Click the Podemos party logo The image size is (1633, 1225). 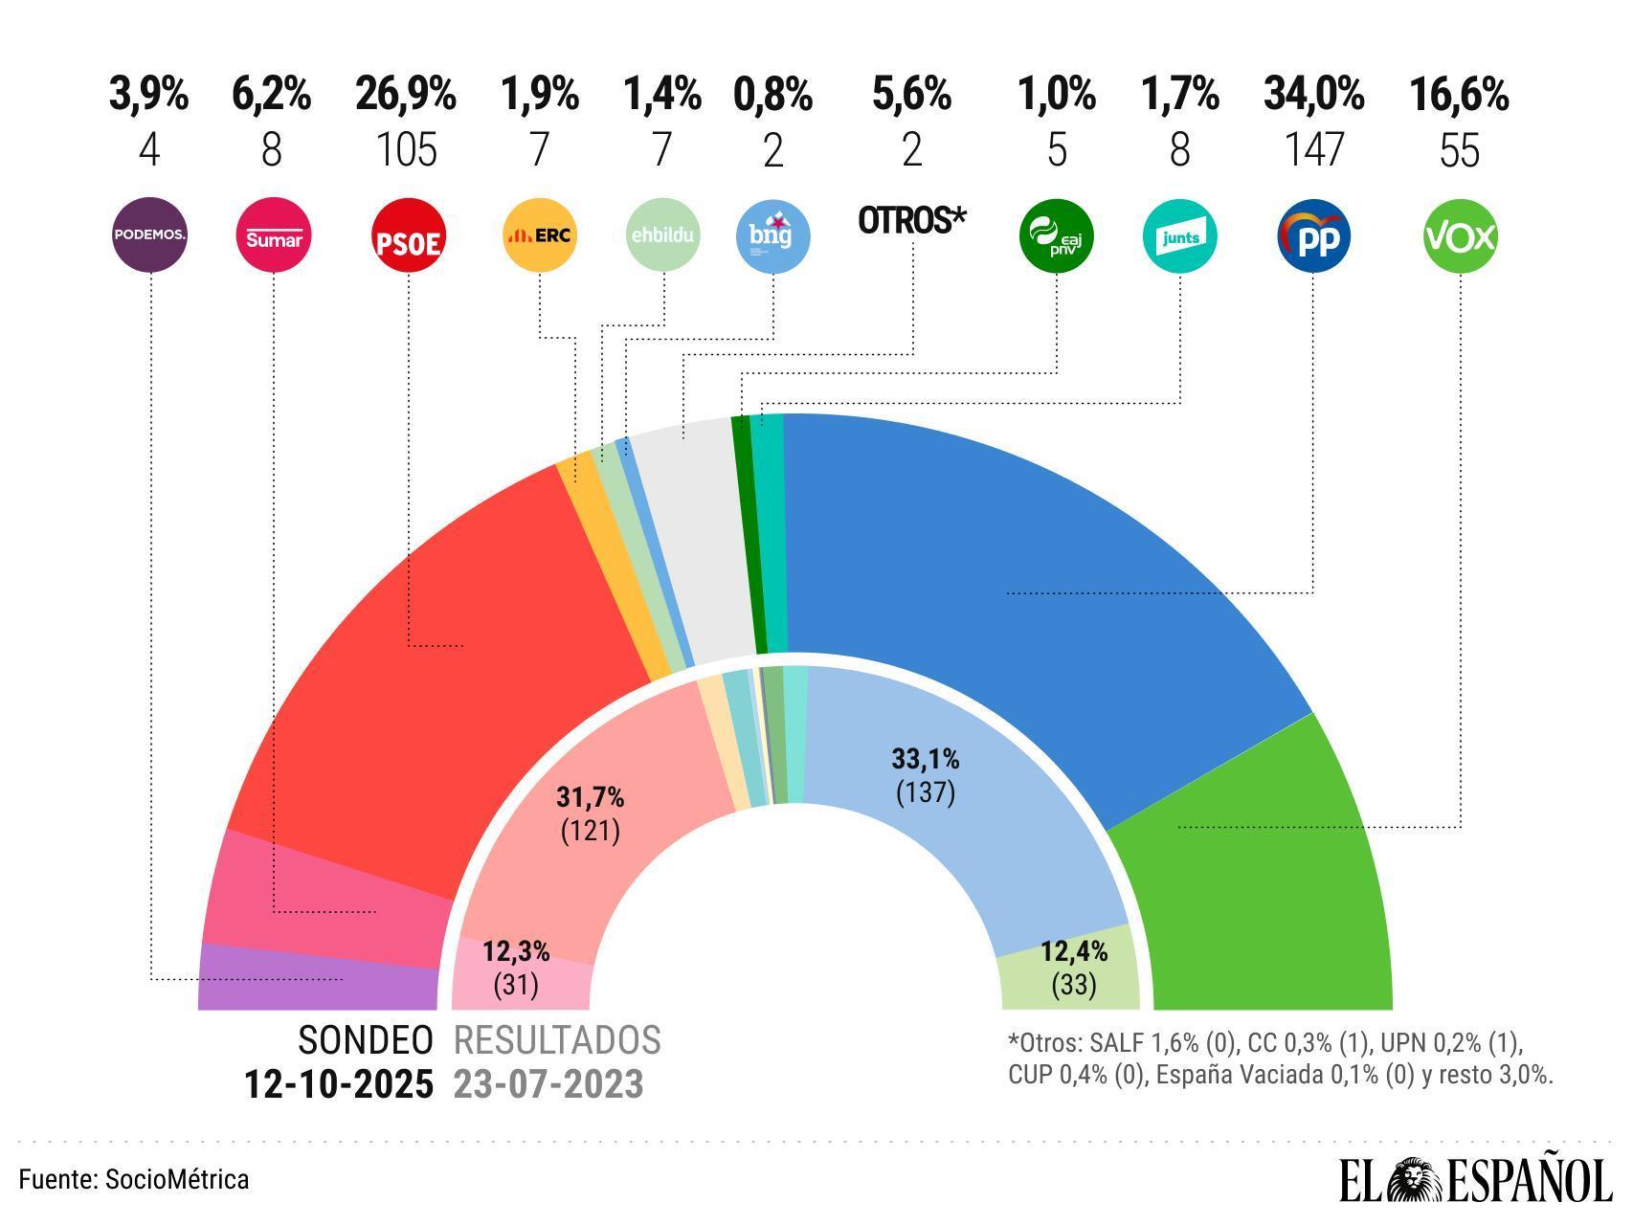149,235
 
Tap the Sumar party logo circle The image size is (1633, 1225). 273,235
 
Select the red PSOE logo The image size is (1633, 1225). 409,235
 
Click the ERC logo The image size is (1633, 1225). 540,235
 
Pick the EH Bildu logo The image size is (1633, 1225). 663,235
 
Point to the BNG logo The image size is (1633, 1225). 772,235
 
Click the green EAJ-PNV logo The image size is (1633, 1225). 1056,235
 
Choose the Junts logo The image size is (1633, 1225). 1179,235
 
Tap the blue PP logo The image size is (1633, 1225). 1313,235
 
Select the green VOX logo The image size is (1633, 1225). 1460,235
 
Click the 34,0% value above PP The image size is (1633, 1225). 1313,96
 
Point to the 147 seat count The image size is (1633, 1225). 1313,151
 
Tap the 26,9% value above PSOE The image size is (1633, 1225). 406,96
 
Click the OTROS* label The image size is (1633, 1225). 911,220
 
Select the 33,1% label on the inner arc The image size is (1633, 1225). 925,760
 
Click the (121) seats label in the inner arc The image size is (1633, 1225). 590,830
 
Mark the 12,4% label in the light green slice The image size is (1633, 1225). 1074,951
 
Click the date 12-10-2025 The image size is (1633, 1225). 338,1085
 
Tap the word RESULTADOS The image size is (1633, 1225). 557,1040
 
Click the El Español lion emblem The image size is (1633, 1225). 1420,1180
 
